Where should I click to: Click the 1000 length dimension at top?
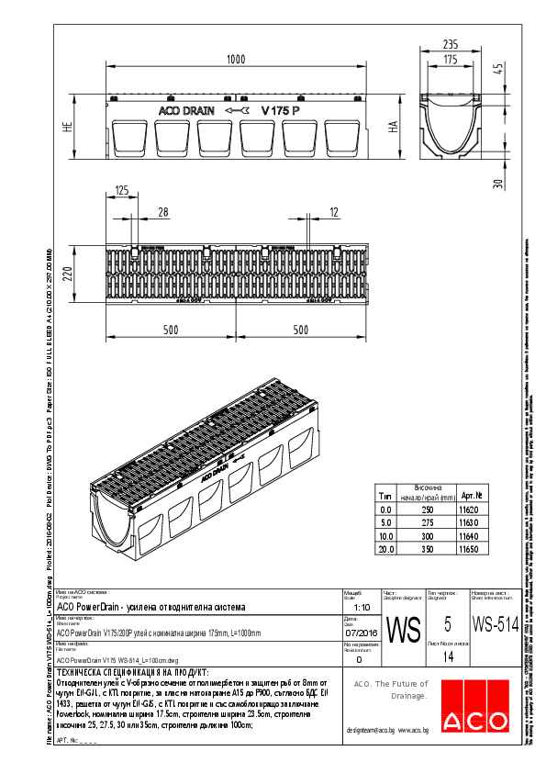pyautogui.click(x=235, y=60)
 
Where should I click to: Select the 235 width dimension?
pyautogui.click(x=451, y=43)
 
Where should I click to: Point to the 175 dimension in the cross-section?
pyautogui.click(x=451, y=60)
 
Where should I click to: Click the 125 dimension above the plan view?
pyautogui.click(x=122, y=191)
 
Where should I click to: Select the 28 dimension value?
pyautogui.click(x=163, y=213)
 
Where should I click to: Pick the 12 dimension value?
pyautogui.click(x=333, y=213)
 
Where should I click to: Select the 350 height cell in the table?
pyautogui.click(x=428, y=549)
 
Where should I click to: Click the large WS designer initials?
pyautogui.click(x=404, y=630)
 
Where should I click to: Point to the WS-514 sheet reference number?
pyautogui.click(x=496, y=625)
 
